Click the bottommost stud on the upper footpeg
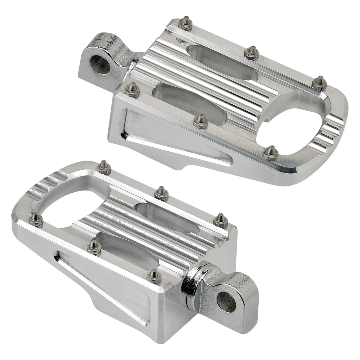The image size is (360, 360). pos(271,152)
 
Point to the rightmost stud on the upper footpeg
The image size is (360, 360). pos(319,83)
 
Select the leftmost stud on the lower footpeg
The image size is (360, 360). pos(36,219)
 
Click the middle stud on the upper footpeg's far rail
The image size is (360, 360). pos(251,52)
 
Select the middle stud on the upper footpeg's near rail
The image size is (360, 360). pos(201,121)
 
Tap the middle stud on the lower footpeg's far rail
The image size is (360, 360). pos(161,193)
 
